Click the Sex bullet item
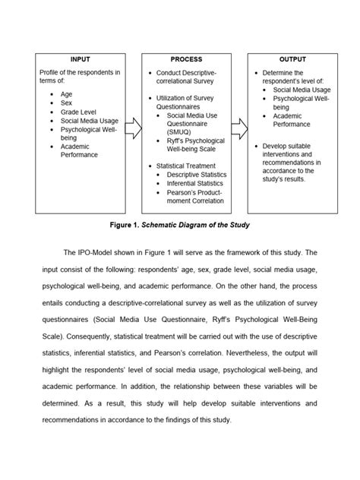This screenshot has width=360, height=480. pos(68,110)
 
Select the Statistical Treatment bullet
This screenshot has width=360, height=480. pos(186,165)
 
